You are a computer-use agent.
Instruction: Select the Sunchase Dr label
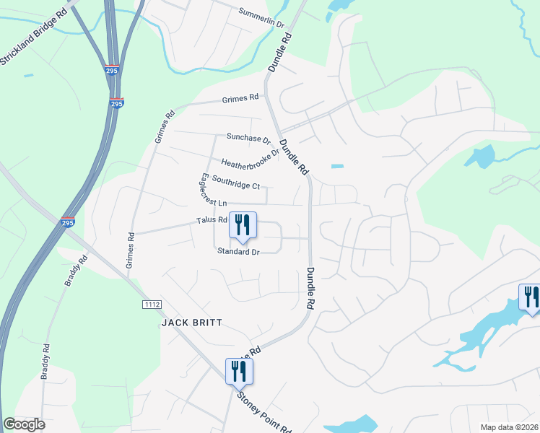tap(248, 138)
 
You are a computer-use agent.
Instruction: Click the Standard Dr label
tap(238, 252)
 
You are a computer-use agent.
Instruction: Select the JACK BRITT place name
tap(191, 323)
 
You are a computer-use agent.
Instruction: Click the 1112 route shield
tap(152, 305)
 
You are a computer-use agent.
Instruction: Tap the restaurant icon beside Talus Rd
tap(243, 226)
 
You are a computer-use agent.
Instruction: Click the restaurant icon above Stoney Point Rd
tap(238, 372)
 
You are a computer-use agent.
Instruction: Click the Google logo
tap(25, 424)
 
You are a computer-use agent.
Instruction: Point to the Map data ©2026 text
tap(510, 427)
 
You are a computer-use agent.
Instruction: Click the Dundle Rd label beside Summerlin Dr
tap(280, 51)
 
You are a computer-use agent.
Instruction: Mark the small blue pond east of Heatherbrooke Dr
tap(337, 167)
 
